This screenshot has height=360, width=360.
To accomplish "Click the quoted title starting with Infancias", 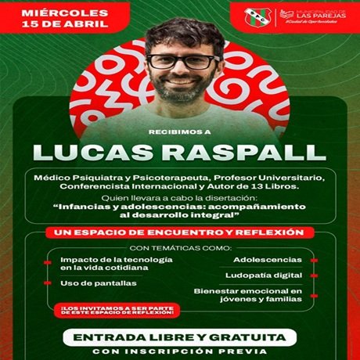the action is [179, 211].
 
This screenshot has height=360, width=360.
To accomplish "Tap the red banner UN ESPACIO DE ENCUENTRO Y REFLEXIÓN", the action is [179, 232].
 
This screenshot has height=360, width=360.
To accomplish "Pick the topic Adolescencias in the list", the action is [271, 260].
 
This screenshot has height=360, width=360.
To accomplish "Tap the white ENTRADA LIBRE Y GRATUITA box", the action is [179, 337].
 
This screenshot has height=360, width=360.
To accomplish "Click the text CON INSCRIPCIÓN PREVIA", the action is [179, 353].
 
